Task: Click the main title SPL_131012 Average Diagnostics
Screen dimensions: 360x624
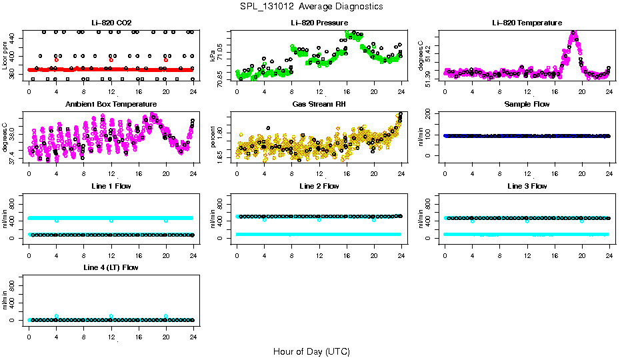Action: [312, 6]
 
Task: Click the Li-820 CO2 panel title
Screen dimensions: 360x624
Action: [111, 23]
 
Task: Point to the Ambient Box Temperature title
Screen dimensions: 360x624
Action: [111, 105]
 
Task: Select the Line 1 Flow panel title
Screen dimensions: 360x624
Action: [111, 186]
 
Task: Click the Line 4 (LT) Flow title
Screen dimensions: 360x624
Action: [111, 267]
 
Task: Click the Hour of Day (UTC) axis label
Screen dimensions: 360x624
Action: [311, 351]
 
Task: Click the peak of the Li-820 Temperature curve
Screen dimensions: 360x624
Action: [573, 33]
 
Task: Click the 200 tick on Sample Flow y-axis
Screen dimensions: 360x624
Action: [432, 114]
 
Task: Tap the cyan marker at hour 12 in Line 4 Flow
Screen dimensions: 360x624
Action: [111, 316]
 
